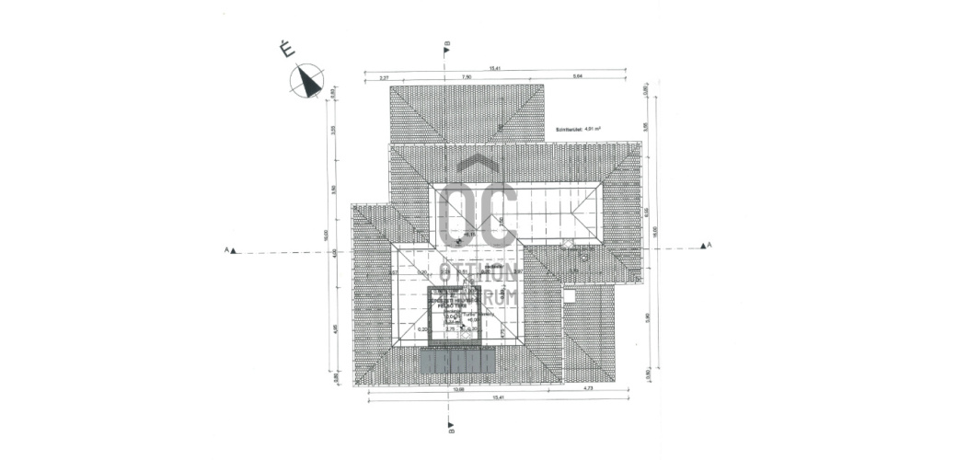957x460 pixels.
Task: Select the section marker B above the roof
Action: point(446,46)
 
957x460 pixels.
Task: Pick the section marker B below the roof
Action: point(451,426)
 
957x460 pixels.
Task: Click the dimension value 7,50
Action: point(467,78)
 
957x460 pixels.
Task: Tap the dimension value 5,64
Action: point(577,78)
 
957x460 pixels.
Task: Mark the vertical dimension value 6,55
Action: point(647,211)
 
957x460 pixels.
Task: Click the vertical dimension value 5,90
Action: point(647,317)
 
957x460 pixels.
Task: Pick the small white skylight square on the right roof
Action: point(569,296)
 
